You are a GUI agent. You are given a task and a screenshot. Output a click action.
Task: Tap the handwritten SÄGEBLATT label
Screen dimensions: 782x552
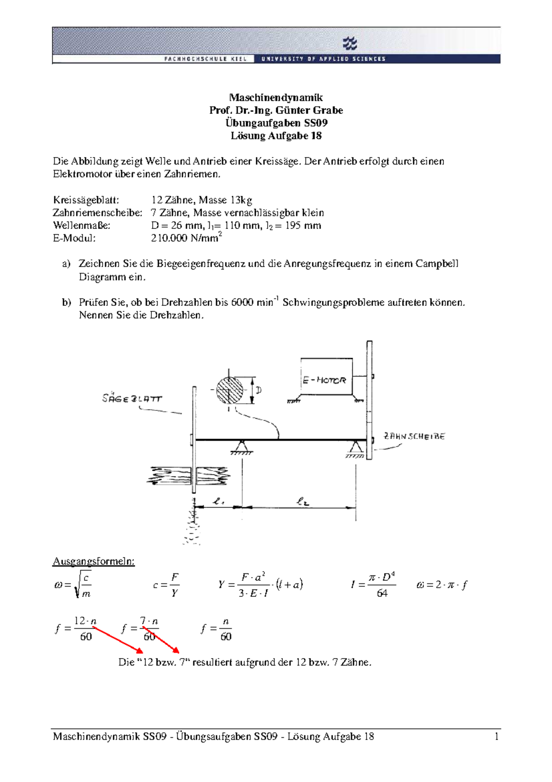(x=132, y=398)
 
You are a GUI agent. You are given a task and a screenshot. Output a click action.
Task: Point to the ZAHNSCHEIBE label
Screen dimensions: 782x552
(x=414, y=436)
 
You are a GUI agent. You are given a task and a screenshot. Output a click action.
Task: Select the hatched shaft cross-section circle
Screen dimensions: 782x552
(x=230, y=391)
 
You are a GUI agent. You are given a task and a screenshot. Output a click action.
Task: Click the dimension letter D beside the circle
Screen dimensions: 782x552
(x=259, y=391)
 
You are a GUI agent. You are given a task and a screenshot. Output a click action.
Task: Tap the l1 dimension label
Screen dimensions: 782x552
(x=218, y=501)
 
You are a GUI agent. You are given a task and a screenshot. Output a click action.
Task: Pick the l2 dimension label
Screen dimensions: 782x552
(x=302, y=501)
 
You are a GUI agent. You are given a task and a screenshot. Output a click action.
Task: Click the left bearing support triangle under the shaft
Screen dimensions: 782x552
(x=241, y=446)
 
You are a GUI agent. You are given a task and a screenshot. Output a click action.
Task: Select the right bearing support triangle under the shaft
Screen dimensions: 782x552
(x=355, y=447)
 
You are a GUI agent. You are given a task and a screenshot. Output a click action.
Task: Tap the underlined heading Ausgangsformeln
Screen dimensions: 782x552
(x=93, y=561)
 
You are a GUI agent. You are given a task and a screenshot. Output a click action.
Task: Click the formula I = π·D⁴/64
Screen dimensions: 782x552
(x=373, y=585)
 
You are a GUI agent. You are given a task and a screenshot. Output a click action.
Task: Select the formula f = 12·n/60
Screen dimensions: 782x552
(x=75, y=629)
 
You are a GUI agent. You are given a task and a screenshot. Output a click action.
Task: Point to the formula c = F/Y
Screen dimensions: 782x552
(x=166, y=585)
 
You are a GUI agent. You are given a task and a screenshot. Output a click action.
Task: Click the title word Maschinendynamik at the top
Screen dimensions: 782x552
(x=276, y=97)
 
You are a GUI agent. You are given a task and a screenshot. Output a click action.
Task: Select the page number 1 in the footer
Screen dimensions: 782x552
(x=496, y=736)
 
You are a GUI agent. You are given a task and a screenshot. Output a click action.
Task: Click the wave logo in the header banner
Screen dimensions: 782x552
(x=350, y=44)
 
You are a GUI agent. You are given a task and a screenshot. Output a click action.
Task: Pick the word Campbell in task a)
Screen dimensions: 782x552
(x=437, y=264)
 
